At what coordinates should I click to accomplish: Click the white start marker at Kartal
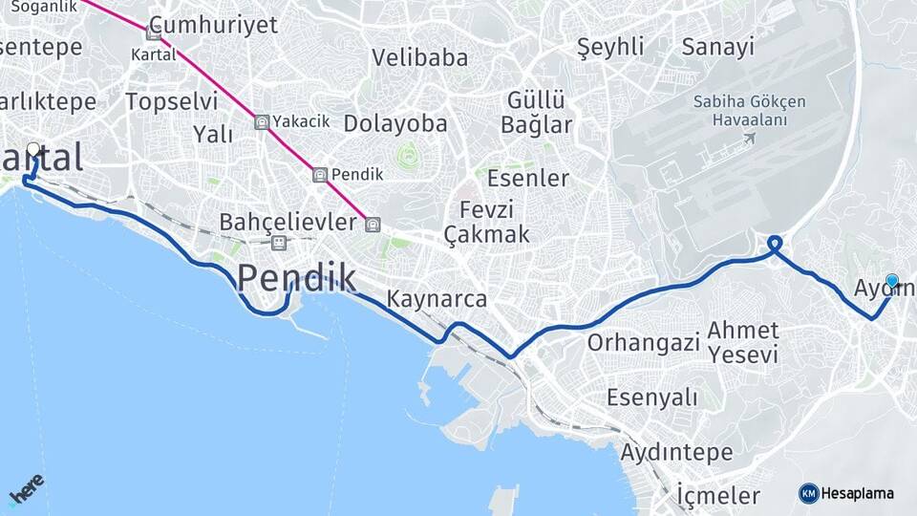pos(33,149)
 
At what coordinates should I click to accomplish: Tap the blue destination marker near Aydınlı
pos(892,281)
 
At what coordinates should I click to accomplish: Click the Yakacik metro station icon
pos(261,121)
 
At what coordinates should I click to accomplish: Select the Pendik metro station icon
pos(320,175)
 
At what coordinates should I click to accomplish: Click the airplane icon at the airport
pos(748,139)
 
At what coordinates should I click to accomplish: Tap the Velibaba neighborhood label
pos(420,57)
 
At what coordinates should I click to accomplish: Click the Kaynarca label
pos(437,299)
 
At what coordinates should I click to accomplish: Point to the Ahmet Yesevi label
pos(743,343)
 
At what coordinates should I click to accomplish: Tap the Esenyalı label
pos(652,397)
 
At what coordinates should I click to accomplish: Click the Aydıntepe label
pos(677,451)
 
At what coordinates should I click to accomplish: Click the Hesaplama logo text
pos(857,493)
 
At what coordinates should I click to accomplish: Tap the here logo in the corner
pos(26,490)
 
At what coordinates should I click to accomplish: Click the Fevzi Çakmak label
pos(487,222)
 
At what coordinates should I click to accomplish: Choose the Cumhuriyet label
pos(214,25)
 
